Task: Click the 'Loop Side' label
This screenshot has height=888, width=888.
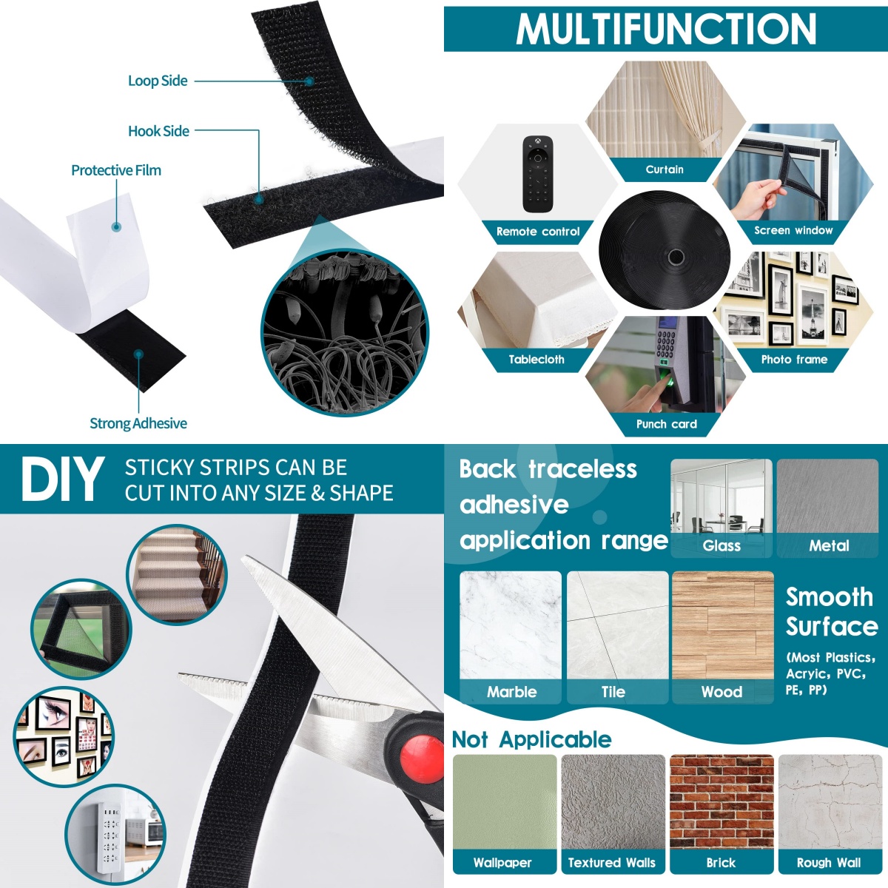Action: click(158, 81)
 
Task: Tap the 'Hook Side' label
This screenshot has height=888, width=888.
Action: click(158, 131)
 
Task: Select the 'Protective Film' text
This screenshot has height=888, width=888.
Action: click(116, 170)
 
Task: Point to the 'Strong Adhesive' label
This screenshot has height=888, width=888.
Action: click(138, 423)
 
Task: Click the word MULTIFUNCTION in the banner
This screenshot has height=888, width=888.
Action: click(666, 29)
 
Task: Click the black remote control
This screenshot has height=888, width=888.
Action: click(537, 174)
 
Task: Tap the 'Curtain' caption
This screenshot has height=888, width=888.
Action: click(665, 169)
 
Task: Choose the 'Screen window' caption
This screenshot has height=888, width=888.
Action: click(793, 230)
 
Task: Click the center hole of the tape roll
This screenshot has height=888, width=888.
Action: click(676, 256)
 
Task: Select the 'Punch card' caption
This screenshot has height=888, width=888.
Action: click(666, 425)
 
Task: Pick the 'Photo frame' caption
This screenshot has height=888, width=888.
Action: click(795, 360)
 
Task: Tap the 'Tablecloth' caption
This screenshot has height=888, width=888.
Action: click(536, 360)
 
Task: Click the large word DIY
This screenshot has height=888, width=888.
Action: click(62, 480)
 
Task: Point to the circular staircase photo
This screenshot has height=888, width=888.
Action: click(177, 575)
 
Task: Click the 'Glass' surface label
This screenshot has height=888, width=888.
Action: click(721, 546)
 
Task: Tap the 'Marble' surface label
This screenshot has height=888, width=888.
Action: click(511, 692)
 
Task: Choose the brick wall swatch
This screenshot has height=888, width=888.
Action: click(721, 801)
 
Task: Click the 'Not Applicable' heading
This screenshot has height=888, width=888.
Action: click(532, 740)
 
